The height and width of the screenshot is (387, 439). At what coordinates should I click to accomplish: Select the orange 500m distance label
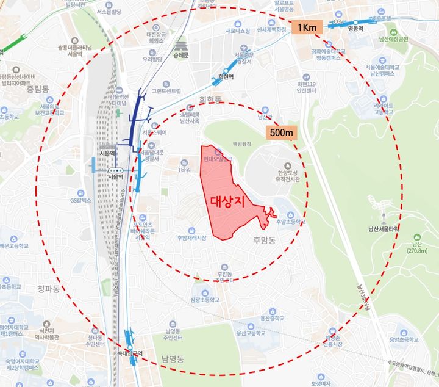click(x=281, y=131)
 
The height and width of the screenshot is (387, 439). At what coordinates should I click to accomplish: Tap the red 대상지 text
click(x=227, y=202)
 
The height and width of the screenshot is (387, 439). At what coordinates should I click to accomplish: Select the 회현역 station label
click(x=226, y=78)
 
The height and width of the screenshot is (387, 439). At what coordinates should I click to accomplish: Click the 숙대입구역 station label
click(x=130, y=353)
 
